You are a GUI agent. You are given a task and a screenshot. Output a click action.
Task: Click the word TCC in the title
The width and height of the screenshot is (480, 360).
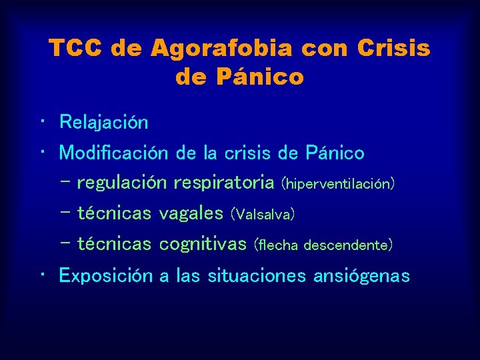pos(75,49)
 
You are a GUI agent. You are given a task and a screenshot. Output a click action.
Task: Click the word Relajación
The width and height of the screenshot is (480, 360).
pos(103,122)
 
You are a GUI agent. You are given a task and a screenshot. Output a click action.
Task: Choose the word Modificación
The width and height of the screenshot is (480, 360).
pos(113,153)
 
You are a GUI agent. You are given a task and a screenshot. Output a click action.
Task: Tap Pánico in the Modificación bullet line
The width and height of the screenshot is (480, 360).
pos(334,153)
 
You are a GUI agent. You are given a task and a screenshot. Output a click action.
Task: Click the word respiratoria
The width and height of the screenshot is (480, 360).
pos(223,182)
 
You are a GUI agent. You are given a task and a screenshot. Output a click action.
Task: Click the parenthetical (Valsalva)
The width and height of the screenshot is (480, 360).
pos(262,214)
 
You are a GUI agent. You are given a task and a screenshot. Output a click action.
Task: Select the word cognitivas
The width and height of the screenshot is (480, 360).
pos(203,244)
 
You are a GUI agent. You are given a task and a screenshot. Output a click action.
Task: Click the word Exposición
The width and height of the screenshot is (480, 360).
pos(105,275)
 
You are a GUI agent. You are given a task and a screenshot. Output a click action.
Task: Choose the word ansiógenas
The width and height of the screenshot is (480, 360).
pos(362,275)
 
